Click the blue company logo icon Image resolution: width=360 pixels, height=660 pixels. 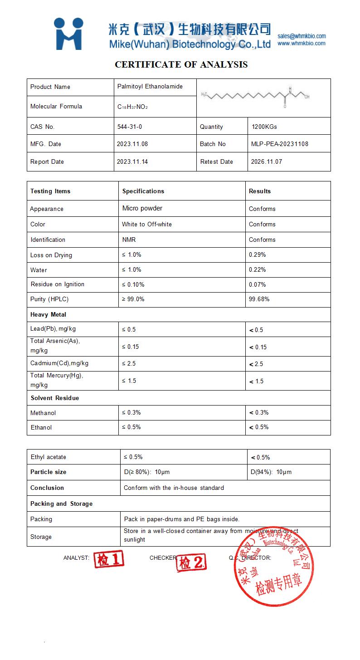(x=68, y=34)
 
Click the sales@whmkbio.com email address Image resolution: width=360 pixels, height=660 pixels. (x=302, y=36)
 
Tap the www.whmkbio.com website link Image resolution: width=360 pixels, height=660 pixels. (x=302, y=44)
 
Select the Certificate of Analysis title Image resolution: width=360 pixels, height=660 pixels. (x=181, y=64)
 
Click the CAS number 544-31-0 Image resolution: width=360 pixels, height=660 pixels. (x=130, y=127)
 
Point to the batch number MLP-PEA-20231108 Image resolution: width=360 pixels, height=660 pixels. (x=280, y=144)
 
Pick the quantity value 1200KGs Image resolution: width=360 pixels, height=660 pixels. (x=264, y=127)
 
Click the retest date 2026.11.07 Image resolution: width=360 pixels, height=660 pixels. (x=267, y=161)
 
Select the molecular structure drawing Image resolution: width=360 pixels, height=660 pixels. (x=256, y=96)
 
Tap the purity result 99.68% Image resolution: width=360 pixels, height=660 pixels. (x=259, y=299)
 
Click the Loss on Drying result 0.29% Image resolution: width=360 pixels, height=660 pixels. (x=258, y=255)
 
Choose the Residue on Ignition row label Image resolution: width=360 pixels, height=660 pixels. (x=58, y=284)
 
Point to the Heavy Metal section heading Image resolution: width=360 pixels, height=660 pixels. (x=49, y=314)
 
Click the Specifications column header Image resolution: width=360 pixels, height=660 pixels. (x=143, y=191)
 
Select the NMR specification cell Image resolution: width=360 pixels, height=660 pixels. (x=129, y=240)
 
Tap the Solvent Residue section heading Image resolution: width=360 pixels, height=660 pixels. (x=55, y=398)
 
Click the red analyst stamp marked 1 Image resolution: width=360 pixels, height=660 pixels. (x=109, y=560)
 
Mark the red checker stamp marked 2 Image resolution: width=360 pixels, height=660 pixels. (x=191, y=563)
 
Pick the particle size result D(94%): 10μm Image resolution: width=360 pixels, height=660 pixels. (x=271, y=472)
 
